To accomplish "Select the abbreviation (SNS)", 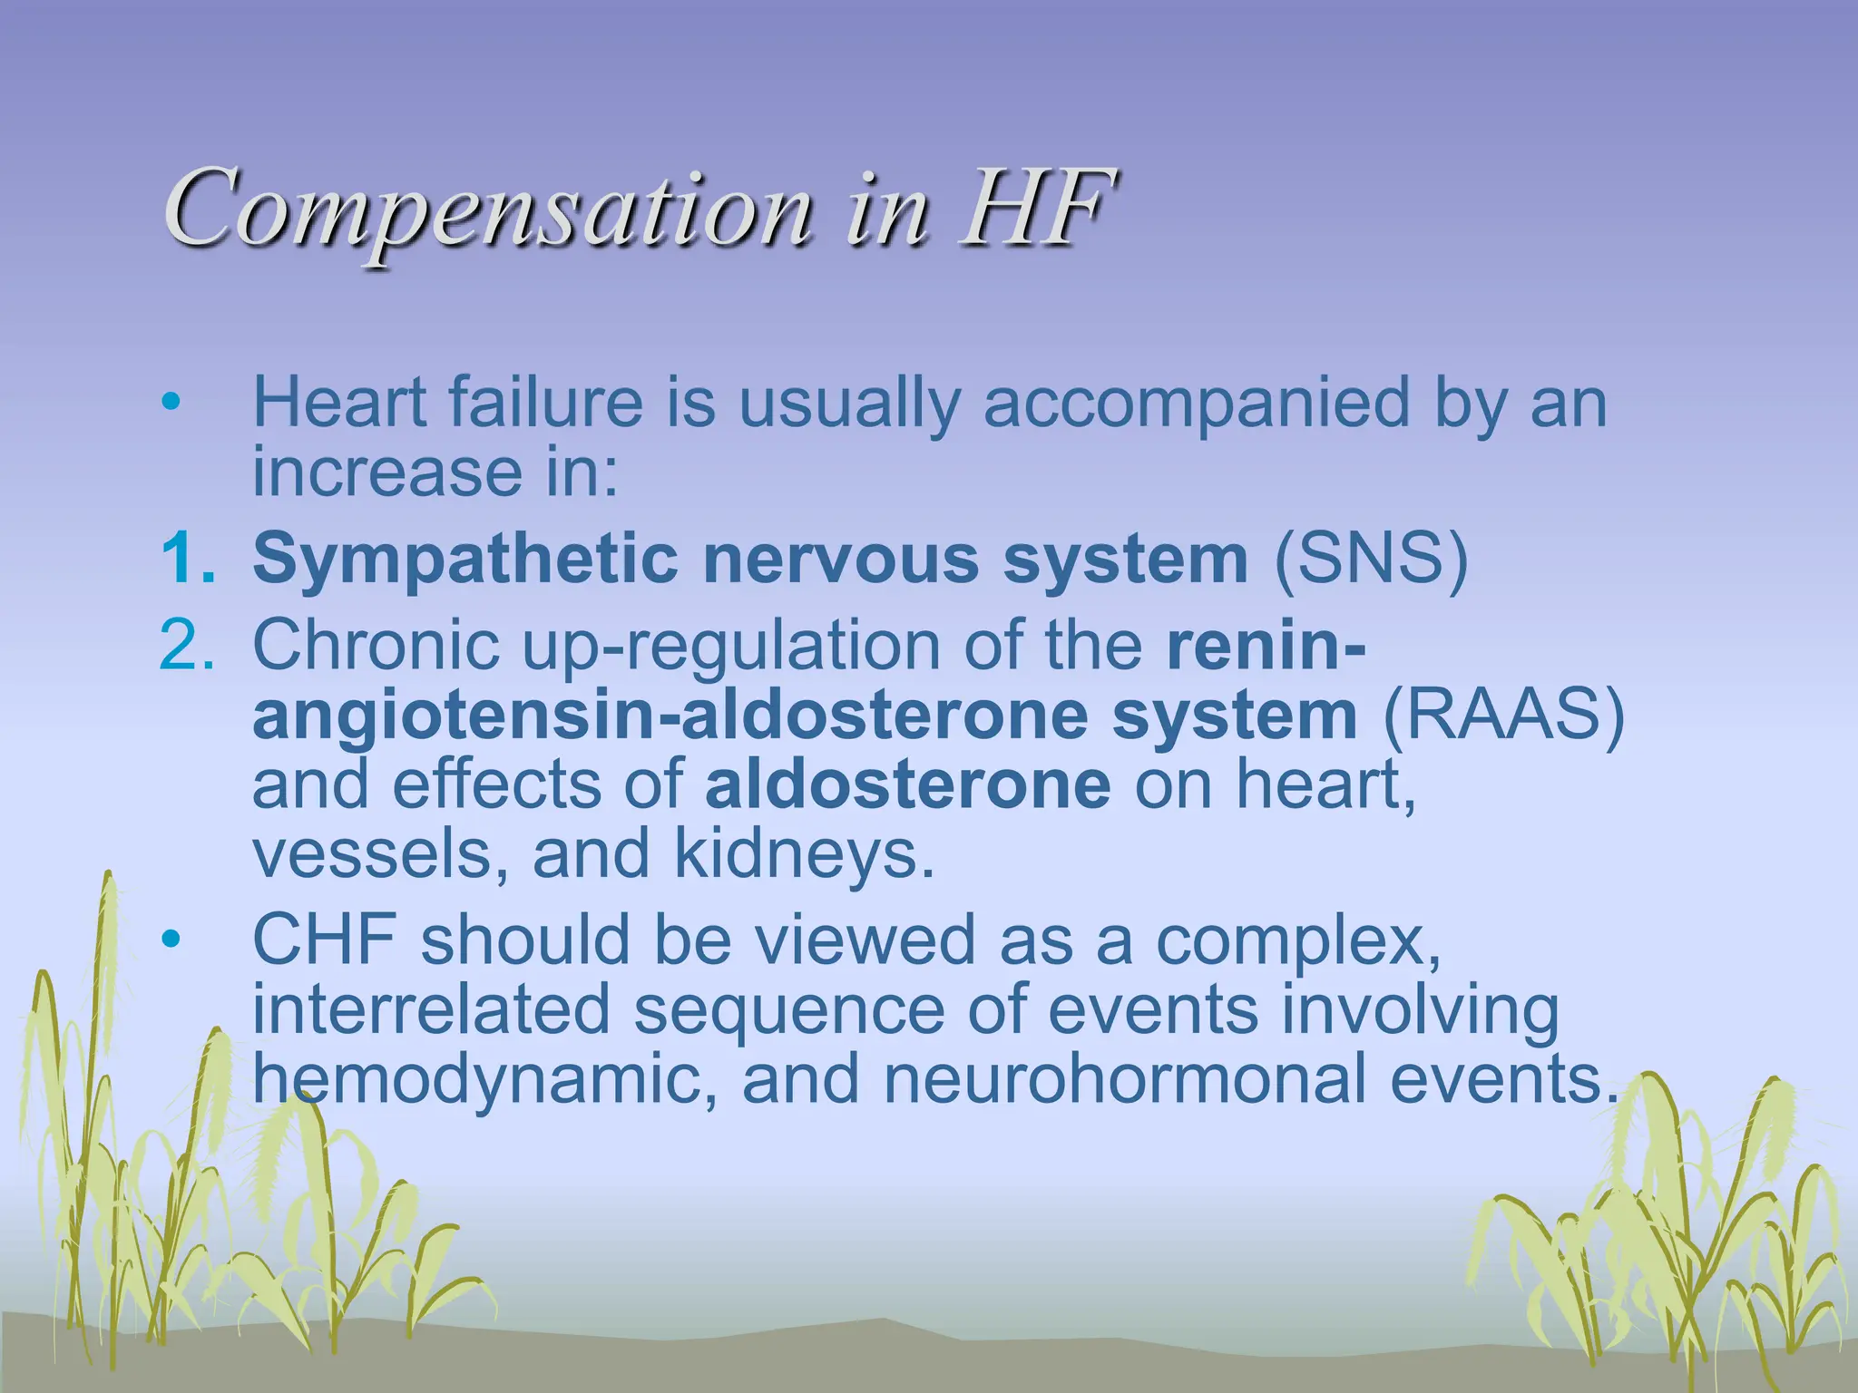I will pos(1371,559).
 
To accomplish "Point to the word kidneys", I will pos(804,854).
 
